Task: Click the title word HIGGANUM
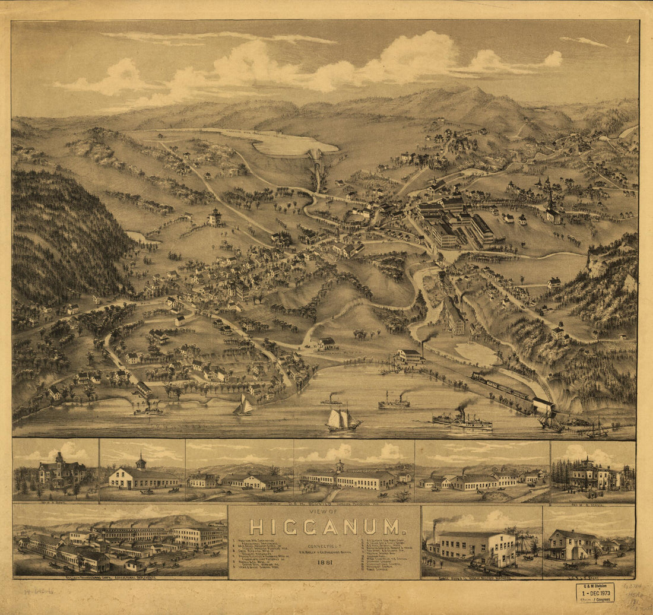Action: tap(324, 527)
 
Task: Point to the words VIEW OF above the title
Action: tap(324, 512)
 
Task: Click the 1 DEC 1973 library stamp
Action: tap(595, 592)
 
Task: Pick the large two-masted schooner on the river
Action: tap(343, 420)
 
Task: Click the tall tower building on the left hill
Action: tap(215, 217)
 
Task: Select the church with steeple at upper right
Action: tap(552, 211)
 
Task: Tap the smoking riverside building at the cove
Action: tap(411, 356)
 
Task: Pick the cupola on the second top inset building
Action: tap(141, 461)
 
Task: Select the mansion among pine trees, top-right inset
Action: tap(588, 475)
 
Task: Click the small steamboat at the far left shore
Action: tap(147, 410)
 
